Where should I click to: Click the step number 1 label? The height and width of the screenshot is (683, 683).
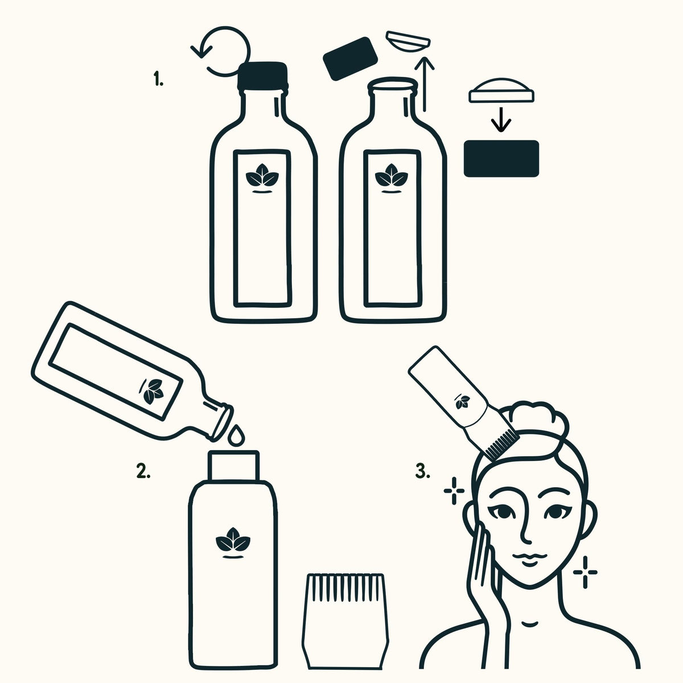[x=158, y=79]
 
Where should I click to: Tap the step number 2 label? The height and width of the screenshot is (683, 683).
[x=143, y=471]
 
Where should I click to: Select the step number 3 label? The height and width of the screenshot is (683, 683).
[x=422, y=471]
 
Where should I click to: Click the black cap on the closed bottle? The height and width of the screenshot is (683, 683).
[x=262, y=76]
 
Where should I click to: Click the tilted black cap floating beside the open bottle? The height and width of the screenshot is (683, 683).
[x=350, y=59]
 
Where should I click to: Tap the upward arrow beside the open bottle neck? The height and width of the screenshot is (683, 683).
[x=425, y=84]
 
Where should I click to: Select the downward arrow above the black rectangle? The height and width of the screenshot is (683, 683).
[x=501, y=120]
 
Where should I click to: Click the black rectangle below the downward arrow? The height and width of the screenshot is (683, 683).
[x=501, y=158]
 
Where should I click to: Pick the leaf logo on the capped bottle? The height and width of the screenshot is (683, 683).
[x=262, y=177]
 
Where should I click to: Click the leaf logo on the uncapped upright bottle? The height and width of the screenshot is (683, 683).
[x=391, y=177]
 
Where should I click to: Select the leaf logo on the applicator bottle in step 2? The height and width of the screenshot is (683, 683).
[x=233, y=542]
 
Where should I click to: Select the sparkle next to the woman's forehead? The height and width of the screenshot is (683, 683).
[x=454, y=491]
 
